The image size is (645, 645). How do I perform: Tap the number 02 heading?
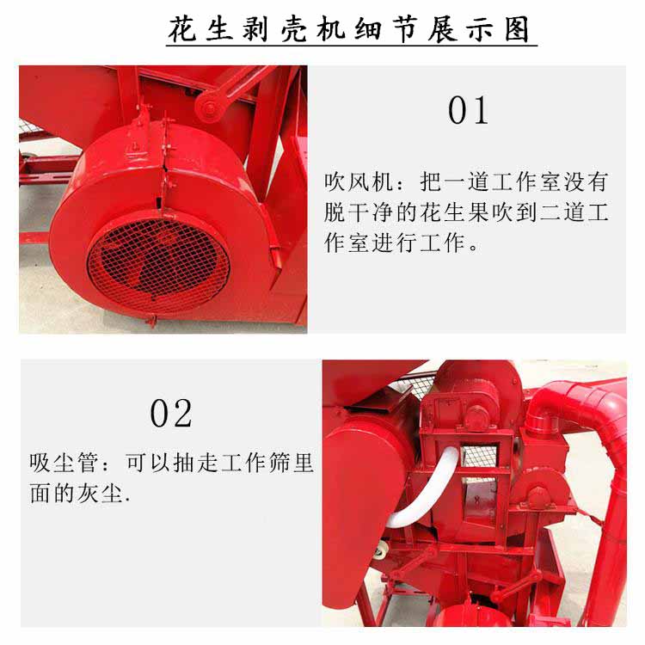171,414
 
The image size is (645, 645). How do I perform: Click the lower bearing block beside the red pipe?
537,496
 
